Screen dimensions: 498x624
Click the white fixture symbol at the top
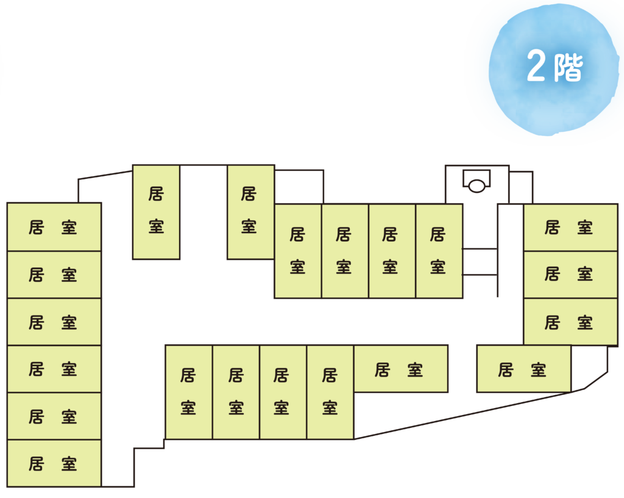click(477, 181)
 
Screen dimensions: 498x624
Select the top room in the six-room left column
click(54, 227)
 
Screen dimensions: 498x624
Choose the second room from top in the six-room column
click(54, 275)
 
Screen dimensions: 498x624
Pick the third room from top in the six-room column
click(54, 322)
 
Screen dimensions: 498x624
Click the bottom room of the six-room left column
click(54, 463)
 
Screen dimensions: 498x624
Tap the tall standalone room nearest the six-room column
click(156, 212)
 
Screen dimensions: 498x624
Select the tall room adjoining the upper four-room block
click(250, 212)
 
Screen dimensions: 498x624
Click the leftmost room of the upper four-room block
click(297, 251)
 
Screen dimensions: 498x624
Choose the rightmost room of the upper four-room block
click(439, 251)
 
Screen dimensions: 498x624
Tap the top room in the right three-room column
click(570, 227)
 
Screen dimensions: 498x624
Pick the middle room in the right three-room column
click(570, 275)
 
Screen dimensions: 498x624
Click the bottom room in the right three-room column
click(570, 322)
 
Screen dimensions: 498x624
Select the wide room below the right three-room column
click(523, 369)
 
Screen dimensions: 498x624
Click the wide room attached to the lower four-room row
click(400, 369)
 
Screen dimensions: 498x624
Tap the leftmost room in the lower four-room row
click(188, 392)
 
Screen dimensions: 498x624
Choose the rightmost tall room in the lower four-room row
click(330, 392)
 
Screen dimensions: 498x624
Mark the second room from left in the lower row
click(236, 392)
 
